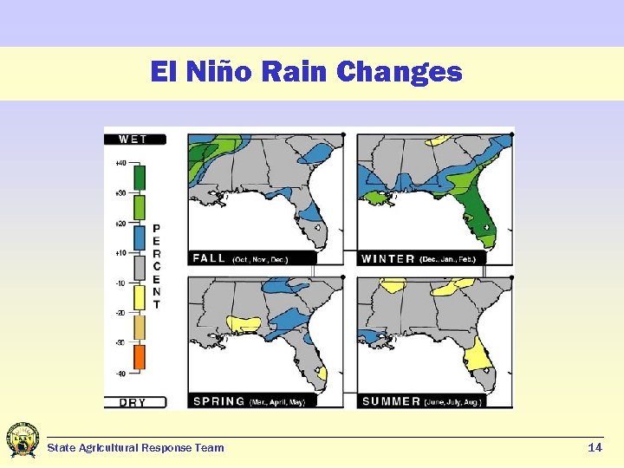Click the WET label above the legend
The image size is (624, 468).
pos(133,139)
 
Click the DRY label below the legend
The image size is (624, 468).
pos(133,402)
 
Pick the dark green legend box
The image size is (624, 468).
pos(139,177)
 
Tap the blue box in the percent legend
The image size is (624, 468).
pos(139,237)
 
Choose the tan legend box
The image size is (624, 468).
pos(139,328)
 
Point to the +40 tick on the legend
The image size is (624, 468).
pos(120,163)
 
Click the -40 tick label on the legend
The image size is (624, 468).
pos(120,374)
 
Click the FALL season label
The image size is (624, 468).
pos(209,258)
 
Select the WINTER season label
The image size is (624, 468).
pos(387,258)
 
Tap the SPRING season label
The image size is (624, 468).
pos(219,401)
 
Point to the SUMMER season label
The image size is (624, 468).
pos(391,401)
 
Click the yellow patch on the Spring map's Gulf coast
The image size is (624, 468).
pos(244,324)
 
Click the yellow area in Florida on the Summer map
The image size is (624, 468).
pos(478,354)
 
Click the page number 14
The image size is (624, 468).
pos(595,447)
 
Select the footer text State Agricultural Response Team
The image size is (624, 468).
pos(135,448)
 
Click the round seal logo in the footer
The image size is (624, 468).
pos(23,440)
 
